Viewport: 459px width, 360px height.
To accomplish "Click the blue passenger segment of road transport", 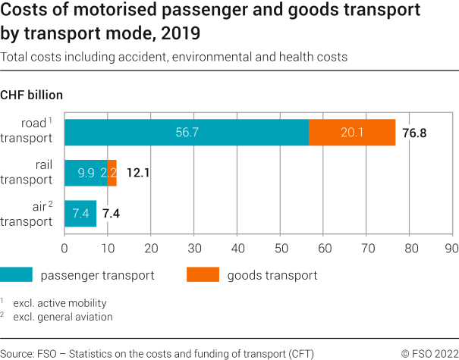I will coord(187,132).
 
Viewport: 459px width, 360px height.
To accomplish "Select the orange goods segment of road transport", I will coord(352,132).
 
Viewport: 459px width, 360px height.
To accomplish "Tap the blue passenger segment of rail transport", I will coord(86,173).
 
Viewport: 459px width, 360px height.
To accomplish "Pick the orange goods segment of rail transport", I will coord(112,173).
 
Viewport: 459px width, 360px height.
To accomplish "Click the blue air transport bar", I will coord(80,214).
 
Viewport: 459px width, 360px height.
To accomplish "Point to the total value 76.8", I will coord(414,133).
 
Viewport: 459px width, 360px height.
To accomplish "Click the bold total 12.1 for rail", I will coord(137,174).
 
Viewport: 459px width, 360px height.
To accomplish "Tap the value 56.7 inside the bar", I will coord(187,133).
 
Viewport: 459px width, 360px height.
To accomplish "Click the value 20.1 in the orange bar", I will coord(352,133).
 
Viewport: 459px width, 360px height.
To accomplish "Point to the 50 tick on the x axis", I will coord(281,247).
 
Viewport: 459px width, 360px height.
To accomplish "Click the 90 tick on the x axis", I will coord(453,247).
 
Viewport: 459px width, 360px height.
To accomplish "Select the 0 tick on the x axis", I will coord(64,247).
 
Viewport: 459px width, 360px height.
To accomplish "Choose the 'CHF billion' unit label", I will coord(31,95).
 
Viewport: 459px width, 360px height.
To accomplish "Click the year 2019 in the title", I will coord(184,34).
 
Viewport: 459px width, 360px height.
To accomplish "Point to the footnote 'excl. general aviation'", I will coord(62,317).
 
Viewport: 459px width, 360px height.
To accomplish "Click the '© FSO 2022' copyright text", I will coord(429,353).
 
